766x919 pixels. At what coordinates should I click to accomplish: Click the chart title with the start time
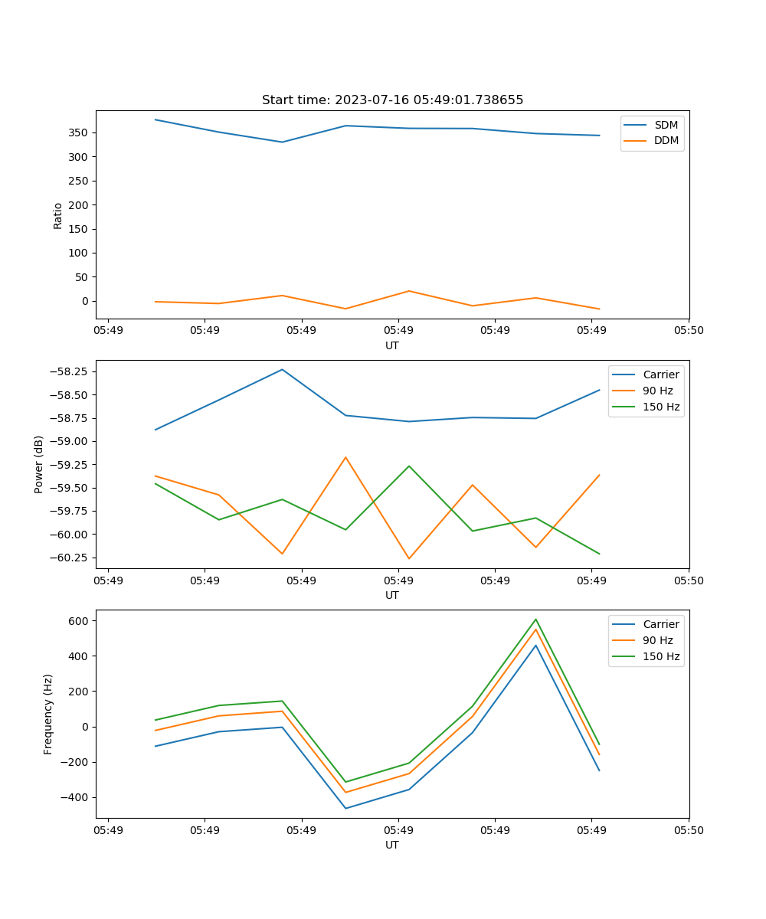(392, 100)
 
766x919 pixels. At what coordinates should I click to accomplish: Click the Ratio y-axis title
(58, 216)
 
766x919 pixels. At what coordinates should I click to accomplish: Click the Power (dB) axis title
(39, 464)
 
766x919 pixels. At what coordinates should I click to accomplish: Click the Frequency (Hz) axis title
(48, 714)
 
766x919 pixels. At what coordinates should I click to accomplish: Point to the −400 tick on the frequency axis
(77, 797)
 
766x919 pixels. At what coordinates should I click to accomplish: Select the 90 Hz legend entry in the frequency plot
(657, 640)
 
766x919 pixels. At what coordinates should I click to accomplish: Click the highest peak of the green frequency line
(535, 619)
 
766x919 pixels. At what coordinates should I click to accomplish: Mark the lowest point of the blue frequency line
(345, 809)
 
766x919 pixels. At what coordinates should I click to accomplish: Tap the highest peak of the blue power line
(282, 369)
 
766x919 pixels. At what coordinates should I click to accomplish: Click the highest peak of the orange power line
(345, 457)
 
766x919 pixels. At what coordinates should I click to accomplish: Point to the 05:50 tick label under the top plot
(689, 331)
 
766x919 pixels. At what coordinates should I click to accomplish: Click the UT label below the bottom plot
(392, 845)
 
